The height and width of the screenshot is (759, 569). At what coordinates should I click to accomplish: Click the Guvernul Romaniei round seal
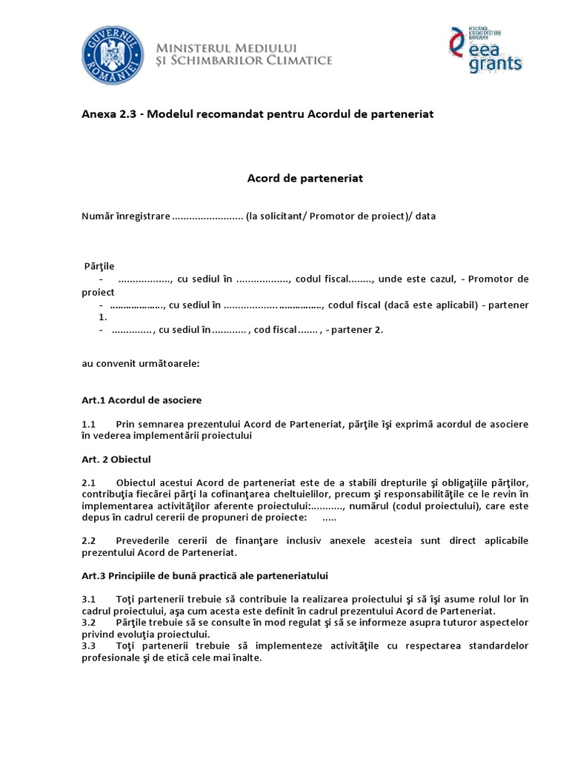[x=113, y=55]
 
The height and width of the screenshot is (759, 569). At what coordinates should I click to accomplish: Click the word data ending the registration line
[x=426, y=216]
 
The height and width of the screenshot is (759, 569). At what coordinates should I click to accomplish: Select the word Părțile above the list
[x=99, y=266]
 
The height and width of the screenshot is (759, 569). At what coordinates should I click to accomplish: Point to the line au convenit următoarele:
[x=139, y=364]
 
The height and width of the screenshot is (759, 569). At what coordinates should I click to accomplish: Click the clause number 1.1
[x=89, y=424]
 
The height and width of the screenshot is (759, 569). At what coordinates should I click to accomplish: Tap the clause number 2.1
[x=89, y=483]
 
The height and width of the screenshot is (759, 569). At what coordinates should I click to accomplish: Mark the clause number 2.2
[x=89, y=540]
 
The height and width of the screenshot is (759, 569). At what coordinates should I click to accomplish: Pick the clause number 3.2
[x=89, y=623]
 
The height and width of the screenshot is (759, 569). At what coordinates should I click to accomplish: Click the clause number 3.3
[x=89, y=646]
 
